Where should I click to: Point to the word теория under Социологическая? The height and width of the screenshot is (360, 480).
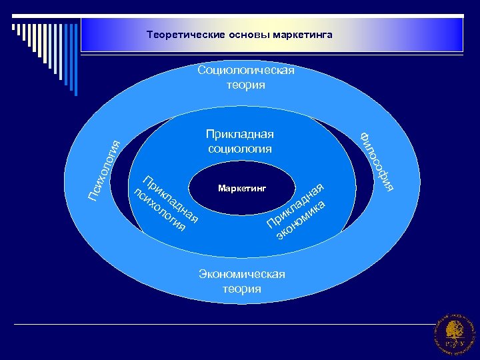click(x=245, y=85)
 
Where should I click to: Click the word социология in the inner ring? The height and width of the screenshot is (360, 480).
click(x=239, y=148)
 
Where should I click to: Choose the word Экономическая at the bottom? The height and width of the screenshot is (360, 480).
click(x=241, y=275)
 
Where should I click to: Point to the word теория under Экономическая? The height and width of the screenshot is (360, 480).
click(x=241, y=289)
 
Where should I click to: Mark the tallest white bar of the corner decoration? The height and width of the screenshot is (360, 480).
click(x=14, y=26)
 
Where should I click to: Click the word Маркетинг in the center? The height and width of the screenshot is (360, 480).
click(x=241, y=189)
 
